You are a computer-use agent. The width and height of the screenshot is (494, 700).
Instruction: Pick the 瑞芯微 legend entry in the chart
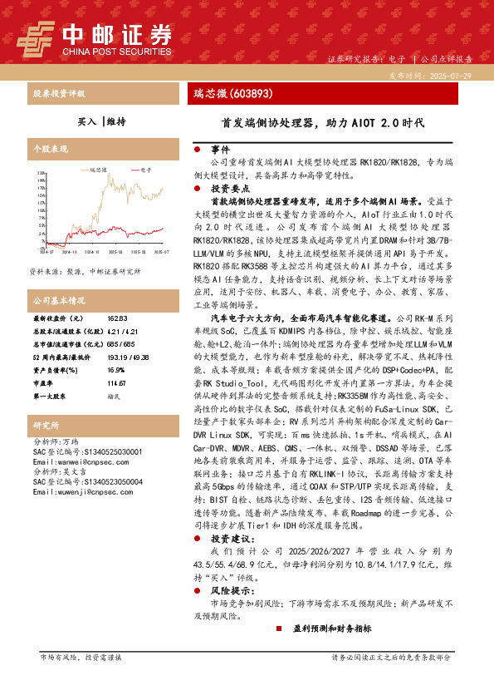pos(96,169)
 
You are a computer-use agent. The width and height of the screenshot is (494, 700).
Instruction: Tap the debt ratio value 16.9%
pos(116,370)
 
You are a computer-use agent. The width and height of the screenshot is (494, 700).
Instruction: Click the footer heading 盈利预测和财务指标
pos(331,629)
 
